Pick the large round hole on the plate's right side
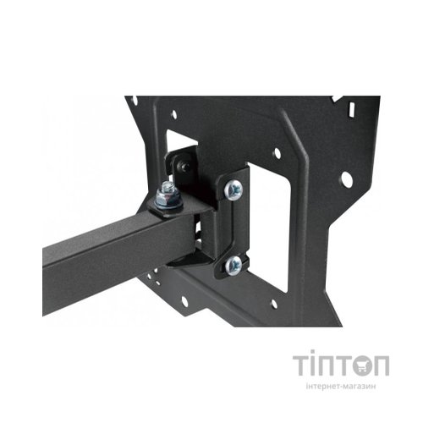345,179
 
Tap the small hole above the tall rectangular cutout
275,153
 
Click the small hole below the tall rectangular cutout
273,303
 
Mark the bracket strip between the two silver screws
234,228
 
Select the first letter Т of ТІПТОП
303,366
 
